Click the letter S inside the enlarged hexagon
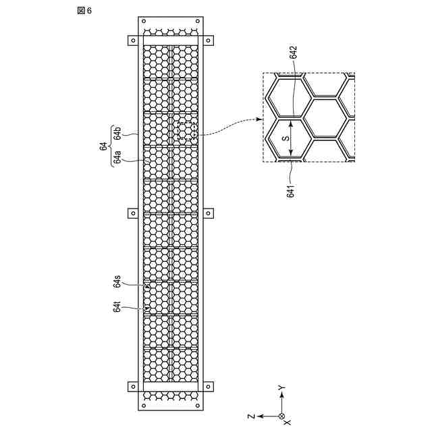285,139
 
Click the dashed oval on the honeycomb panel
186,132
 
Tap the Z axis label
250,416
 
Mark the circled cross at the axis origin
282,416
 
